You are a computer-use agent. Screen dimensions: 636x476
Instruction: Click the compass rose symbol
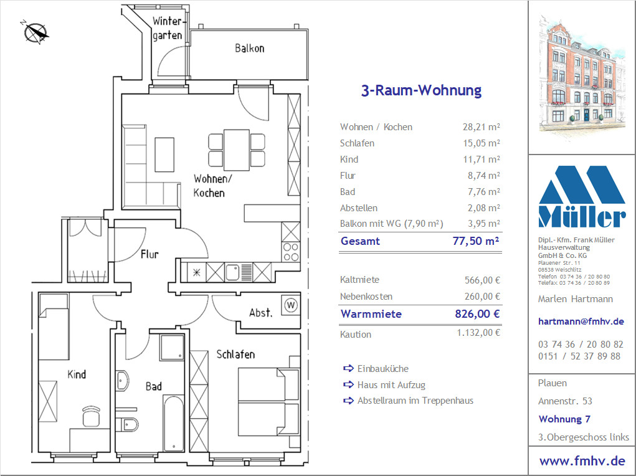36,32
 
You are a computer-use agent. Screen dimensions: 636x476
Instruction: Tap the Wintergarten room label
167,29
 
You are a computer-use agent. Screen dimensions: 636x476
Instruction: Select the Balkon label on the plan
249,49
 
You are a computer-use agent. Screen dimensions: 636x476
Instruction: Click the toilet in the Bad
128,424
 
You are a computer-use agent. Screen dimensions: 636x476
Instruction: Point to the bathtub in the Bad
174,424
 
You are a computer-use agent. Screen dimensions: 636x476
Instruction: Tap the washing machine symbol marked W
290,305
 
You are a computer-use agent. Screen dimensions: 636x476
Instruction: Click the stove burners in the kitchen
291,252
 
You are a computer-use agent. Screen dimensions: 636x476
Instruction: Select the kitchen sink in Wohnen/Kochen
232,272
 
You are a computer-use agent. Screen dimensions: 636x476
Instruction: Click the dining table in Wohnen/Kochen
237,150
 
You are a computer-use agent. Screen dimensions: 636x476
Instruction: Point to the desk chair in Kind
92,416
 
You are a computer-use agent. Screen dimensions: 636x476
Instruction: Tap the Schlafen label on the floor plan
235,355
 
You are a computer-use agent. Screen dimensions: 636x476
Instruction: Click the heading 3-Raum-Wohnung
421,90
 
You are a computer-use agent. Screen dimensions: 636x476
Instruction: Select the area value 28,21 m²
481,126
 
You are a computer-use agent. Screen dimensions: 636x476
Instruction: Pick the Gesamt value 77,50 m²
476,240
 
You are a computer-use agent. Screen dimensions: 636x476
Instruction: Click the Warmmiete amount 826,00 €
477,313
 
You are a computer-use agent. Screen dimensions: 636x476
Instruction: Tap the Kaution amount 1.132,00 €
478,333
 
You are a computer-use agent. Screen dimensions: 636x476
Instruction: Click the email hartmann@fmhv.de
581,321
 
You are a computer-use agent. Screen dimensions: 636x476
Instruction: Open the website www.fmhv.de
582,461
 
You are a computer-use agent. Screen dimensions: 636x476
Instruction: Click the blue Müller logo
582,196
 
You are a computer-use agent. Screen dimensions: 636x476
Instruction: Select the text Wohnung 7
564,419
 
